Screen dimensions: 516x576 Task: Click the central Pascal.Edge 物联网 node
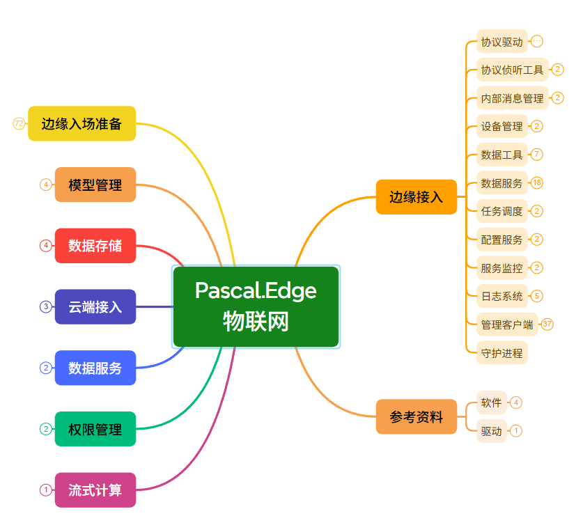click(x=256, y=306)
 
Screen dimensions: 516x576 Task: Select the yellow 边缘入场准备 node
click(x=81, y=123)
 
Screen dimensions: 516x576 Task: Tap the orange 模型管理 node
click(x=95, y=185)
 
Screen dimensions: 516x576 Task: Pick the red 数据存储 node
click(x=95, y=246)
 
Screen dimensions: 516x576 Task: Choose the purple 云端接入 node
click(x=95, y=306)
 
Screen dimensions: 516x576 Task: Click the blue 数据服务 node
click(x=95, y=368)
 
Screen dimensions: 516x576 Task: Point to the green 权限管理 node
click(x=95, y=429)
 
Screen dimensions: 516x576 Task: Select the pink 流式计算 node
click(x=95, y=490)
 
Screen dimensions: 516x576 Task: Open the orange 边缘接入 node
click(x=416, y=196)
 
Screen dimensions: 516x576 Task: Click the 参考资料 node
click(x=416, y=416)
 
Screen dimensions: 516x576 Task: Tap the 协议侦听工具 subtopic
click(x=512, y=70)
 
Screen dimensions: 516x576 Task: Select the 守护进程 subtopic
click(x=501, y=352)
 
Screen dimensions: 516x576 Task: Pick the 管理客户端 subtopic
click(x=507, y=325)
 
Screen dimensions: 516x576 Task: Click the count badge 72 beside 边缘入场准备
click(x=19, y=124)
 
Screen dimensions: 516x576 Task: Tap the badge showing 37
click(x=547, y=324)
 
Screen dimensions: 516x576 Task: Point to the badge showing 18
click(x=536, y=183)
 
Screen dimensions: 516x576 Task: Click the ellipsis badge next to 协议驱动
click(x=536, y=42)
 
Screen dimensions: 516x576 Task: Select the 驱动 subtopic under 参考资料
click(x=491, y=431)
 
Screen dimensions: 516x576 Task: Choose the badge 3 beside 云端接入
click(x=46, y=306)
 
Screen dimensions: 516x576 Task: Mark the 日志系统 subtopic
click(x=501, y=296)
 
